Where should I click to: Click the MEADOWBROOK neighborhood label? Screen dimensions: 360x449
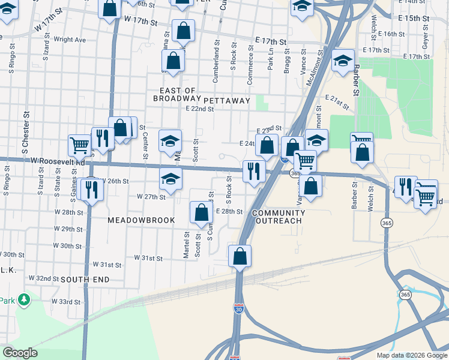[x=141, y=220]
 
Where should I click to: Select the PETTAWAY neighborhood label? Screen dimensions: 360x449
[x=226, y=100]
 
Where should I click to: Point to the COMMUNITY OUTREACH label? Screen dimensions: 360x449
[x=278, y=217]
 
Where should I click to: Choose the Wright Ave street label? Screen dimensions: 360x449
[x=70, y=40]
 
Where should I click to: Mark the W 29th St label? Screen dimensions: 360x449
[x=68, y=229]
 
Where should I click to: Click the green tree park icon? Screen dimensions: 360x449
[x=24, y=299]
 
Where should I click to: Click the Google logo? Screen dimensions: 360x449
[x=20, y=352]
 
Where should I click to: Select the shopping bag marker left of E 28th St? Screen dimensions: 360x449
[x=201, y=212]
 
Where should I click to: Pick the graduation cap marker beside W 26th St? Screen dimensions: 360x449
[x=170, y=179]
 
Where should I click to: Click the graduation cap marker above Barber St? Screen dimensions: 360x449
[x=343, y=61]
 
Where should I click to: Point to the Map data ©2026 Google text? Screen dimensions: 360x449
[x=411, y=355]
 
